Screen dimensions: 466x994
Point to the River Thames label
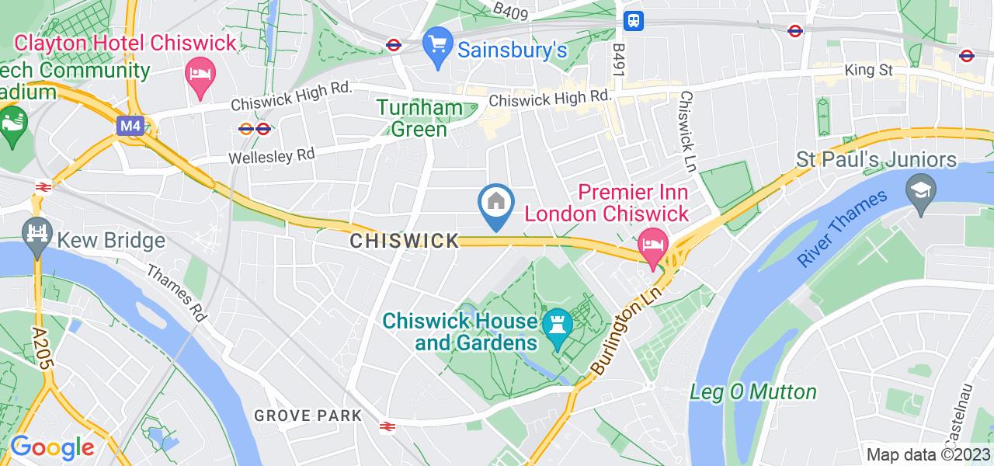(x=843, y=229)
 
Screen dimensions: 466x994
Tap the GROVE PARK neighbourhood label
(x=308, y=416)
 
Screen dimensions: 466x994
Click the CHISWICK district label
(x=405, y=242)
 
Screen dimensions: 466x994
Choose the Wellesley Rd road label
(x=272, y=155)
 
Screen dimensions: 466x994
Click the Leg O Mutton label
(x=753, y=392)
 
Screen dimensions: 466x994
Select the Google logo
(x=51, y=447)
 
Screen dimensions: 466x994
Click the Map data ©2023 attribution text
(x=929, y=455)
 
